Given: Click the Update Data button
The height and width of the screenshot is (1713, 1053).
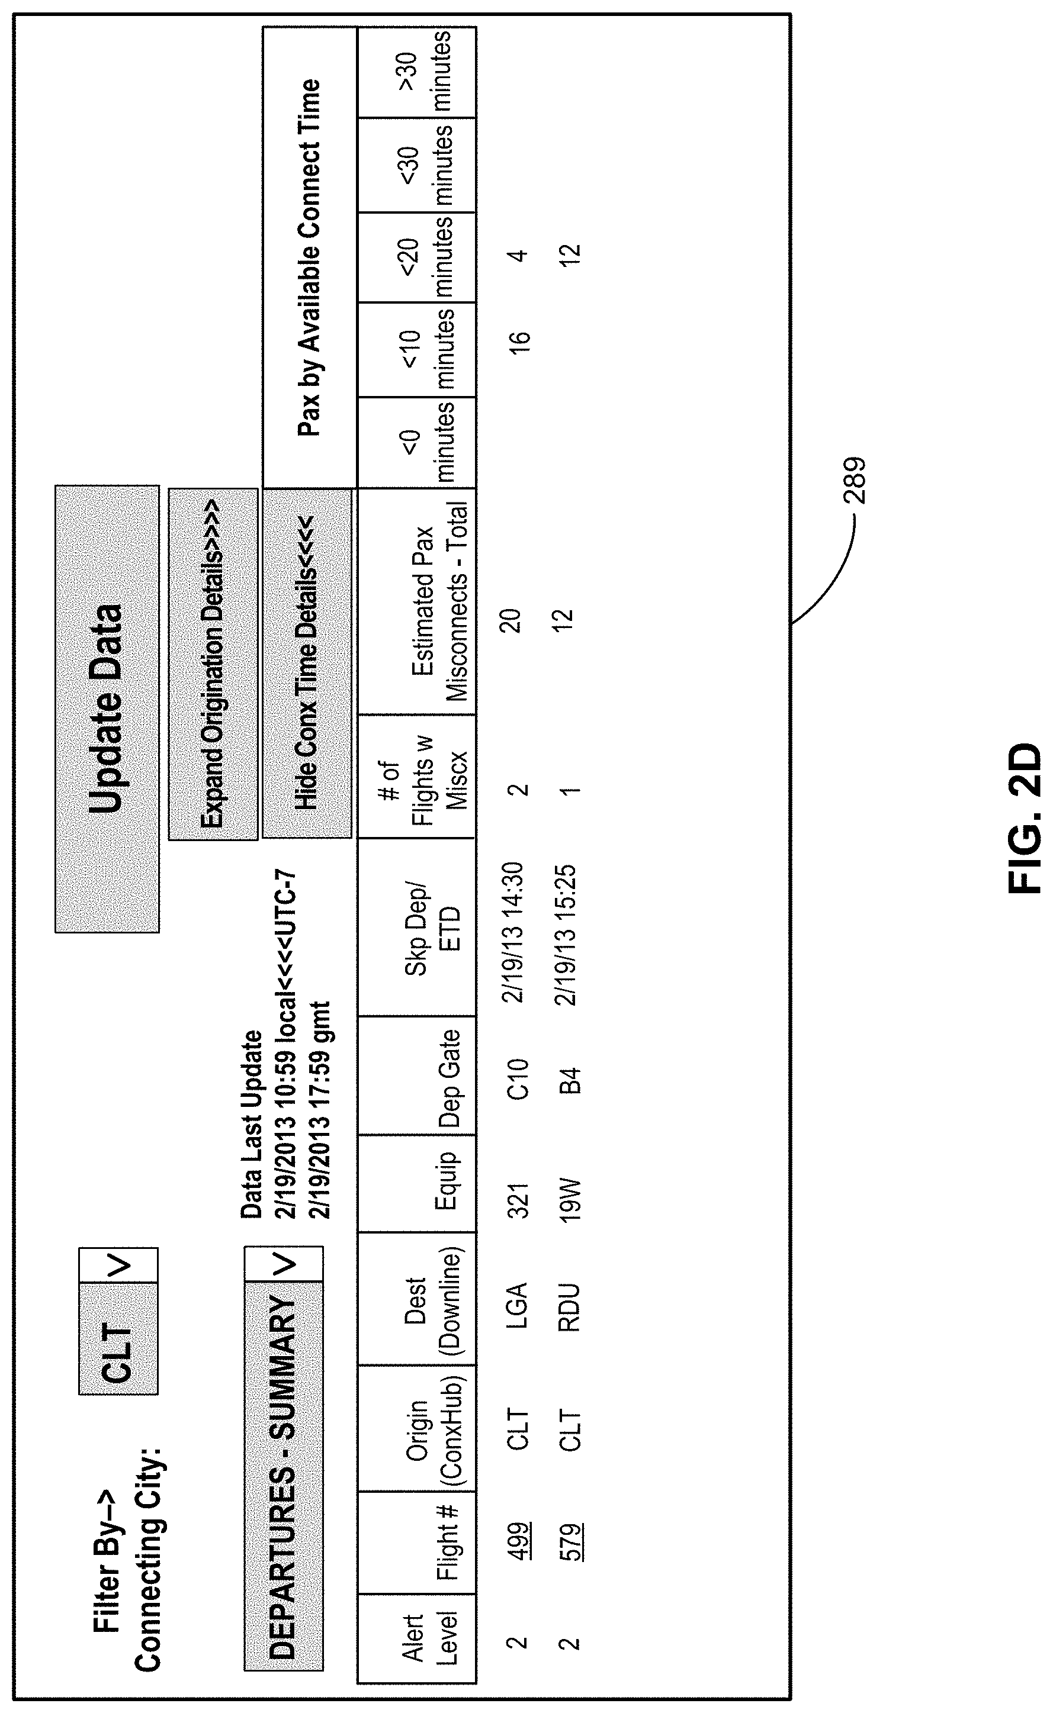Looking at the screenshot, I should click(x=107, y=709).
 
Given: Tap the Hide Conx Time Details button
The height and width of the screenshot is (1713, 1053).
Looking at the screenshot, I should click(x=306, y=662).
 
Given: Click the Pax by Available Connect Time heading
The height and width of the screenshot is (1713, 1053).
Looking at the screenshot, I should click(x=309, y=257).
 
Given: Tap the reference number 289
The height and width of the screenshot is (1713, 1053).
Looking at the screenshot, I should click(x=855, y=480).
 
